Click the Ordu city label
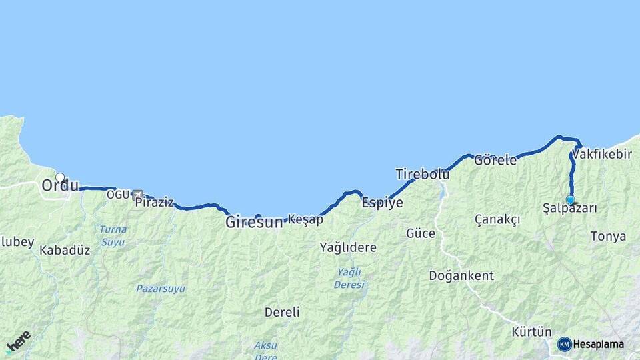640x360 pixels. [60, 186]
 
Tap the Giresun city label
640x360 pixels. [254, 223]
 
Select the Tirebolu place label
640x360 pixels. [422, 174]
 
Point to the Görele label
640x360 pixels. [495, 160]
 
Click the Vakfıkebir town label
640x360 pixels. [602, 154]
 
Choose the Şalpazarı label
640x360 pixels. [570, 209]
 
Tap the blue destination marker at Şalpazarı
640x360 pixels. [570, 200]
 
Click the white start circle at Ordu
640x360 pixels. [60, 177]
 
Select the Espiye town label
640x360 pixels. [382, 203]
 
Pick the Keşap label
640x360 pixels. [305, 219]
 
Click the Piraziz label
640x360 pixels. [154, 202]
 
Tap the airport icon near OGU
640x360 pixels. [137, 195]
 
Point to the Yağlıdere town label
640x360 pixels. [348, 247]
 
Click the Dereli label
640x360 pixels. [282, 311]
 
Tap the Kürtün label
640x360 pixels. [531, 331]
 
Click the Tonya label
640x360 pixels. [608, 236]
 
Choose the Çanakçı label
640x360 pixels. [497, 219]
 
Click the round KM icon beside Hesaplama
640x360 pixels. [564, 344]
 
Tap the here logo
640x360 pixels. [19, 342]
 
